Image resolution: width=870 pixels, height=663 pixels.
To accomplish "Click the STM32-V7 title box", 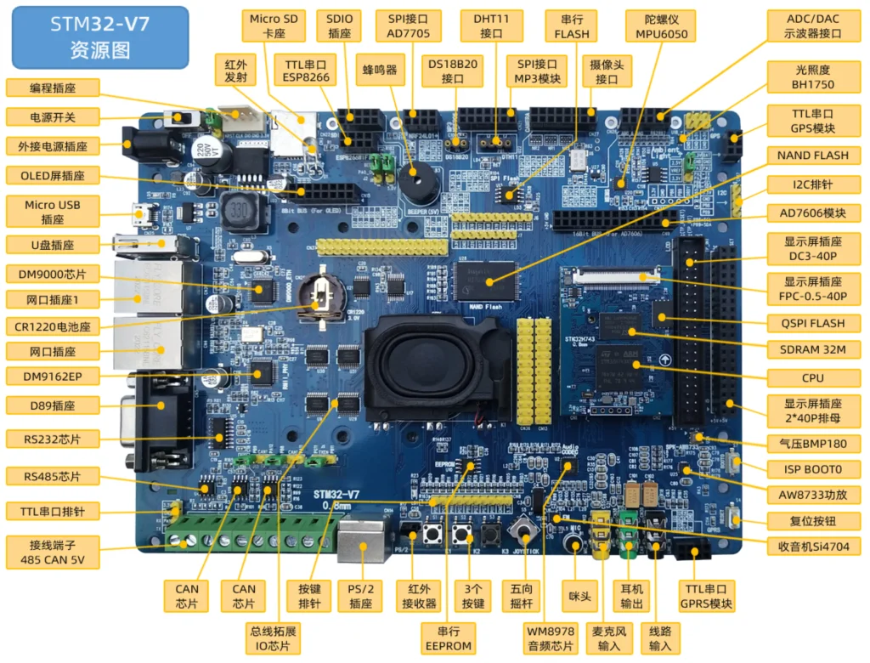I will click(100, 37).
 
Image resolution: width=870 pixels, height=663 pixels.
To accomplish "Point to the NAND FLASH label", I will click(812, 156).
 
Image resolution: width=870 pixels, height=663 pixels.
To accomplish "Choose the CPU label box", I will click(811, 377).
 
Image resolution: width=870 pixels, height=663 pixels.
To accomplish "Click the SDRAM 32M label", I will click(812, 349).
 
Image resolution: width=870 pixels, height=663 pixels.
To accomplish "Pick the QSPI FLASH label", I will click(813, 322).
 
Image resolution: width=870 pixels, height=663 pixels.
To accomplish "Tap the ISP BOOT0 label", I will click(812, 468).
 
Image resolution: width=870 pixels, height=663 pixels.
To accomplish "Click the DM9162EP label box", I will click(52, 375).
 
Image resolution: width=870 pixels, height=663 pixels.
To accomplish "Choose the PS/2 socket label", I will click(361, 596).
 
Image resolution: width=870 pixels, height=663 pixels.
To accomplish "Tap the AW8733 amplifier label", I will click(812, 494).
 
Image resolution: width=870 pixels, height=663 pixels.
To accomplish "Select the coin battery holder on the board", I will click(321, 297).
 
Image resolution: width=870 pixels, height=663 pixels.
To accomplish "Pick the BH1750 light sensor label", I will click(813, 76).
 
